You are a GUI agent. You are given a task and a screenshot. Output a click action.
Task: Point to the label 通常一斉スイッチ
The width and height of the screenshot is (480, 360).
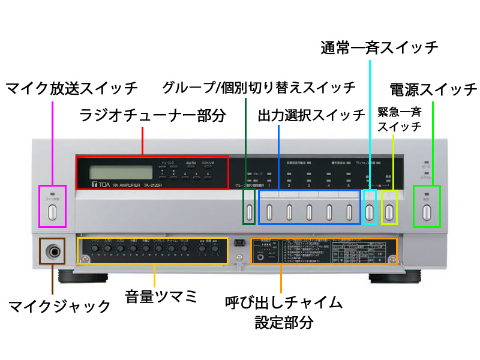point(379,47)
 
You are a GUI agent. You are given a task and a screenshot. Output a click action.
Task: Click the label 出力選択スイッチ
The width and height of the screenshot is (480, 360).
point(311,115)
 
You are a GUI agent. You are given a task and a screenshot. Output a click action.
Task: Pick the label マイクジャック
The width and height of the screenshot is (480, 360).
point(59,307)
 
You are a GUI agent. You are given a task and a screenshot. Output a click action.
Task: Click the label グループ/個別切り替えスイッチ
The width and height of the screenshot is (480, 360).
point(259,88)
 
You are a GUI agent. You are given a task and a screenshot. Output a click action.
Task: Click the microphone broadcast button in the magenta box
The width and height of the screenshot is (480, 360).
point(52,211)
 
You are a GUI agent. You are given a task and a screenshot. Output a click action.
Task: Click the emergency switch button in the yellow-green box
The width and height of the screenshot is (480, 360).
point(389,211)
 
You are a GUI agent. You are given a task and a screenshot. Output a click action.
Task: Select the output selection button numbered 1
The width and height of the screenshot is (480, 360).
point(269,211)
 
